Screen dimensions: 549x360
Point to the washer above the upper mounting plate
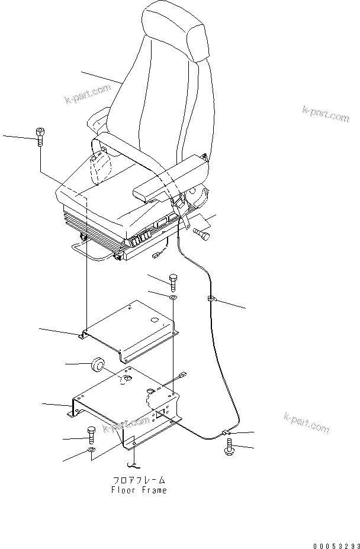pos(173,295)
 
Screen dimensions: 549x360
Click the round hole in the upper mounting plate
pos(155,320)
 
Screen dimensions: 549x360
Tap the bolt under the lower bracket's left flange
pos(91,436)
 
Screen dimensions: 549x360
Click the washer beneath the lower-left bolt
pos(91,453)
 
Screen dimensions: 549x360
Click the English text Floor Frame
pos(139,490)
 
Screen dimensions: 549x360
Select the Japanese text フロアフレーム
pos(139,480)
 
